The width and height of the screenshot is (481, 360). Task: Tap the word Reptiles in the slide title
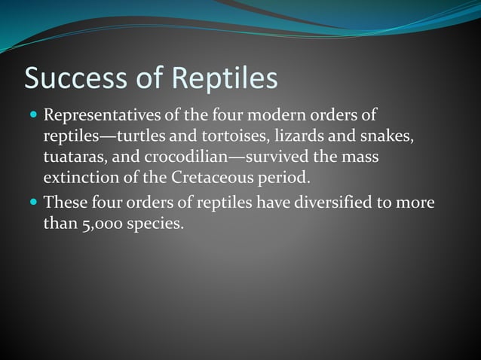pyautogui.click(x=225, y=79)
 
